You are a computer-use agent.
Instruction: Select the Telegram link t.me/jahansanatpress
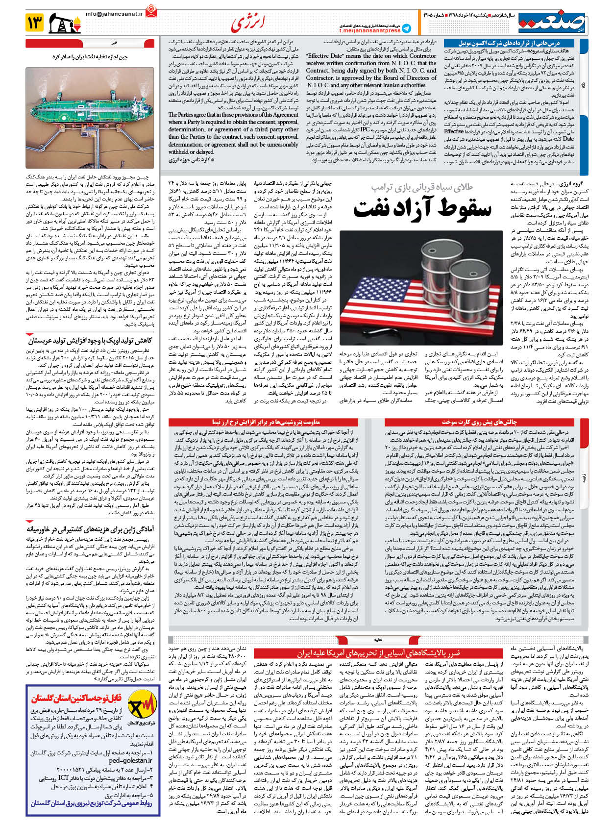click(369, 31)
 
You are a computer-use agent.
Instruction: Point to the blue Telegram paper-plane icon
click(406, 28)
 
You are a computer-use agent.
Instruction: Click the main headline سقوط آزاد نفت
click(422, 208)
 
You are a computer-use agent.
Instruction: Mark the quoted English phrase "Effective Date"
click(324, 56)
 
